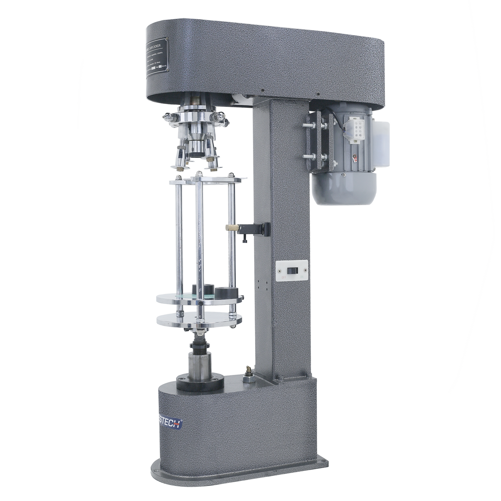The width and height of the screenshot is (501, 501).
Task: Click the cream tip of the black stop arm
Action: pyautogui.click(x=230, y=228)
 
